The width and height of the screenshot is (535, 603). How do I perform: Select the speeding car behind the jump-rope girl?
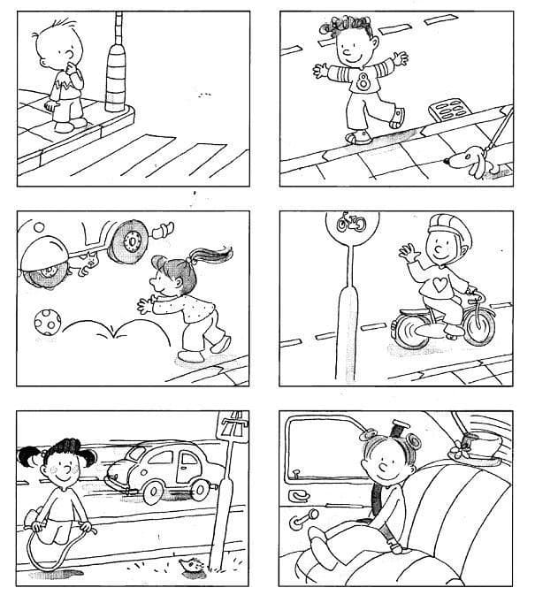point(159,473)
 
